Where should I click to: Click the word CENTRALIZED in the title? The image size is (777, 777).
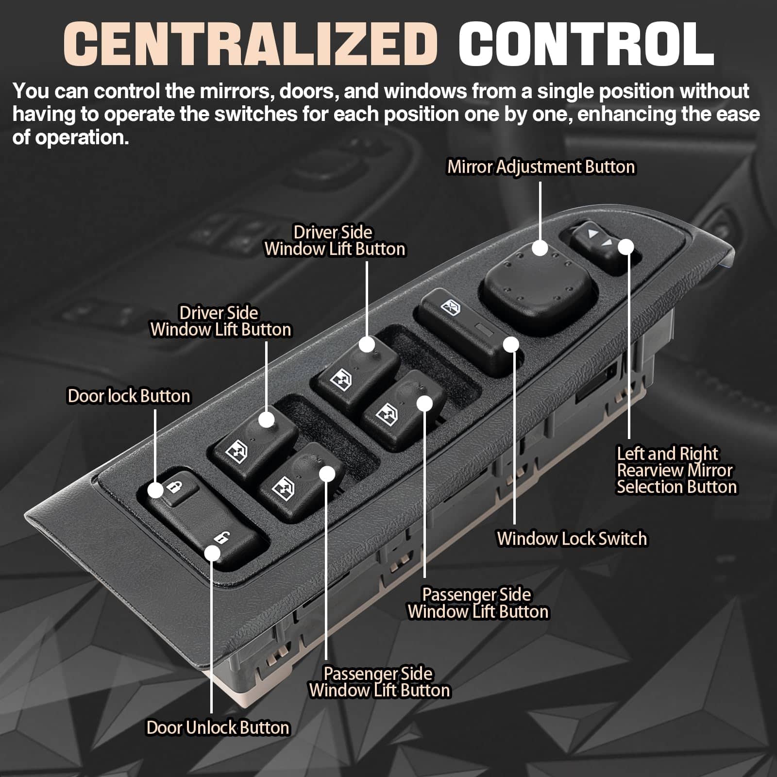(x=251, y=44)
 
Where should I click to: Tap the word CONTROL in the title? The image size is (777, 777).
(x=586, y=44)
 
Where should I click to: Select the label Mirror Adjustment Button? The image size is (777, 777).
(x=541, y=167)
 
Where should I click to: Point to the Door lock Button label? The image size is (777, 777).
(x=129, y=396)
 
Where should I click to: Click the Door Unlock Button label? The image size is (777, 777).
(x=218, y=727)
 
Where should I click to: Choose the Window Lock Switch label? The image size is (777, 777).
(x=572, y=539)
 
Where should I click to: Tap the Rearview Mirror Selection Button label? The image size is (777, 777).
(x=676, y=470)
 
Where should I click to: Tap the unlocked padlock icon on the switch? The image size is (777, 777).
(x=221, y=538)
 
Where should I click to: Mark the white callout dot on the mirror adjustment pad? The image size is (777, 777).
(x=540, y=248)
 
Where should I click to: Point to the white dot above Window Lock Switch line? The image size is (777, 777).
(x=511, y=344)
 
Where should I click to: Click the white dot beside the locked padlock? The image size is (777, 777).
(x=155, y=490)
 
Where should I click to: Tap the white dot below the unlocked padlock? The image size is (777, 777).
(x=212, y=553)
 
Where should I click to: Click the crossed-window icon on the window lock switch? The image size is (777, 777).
(x=448, y=306)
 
